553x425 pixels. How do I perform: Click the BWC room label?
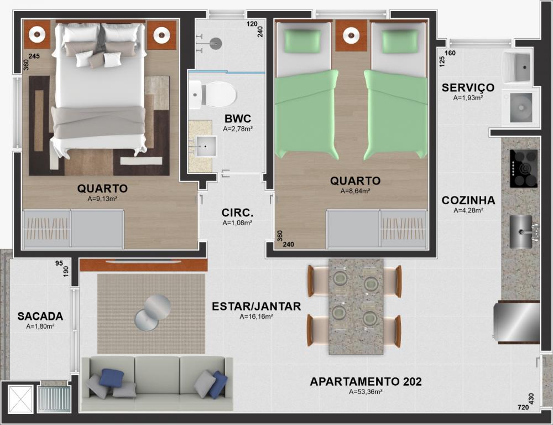pyautogui.click(x=237, y=118)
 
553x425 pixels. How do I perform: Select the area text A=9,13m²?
pyautogui.click(x=102, y=199)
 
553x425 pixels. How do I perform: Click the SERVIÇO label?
pyautogui.click(x=468, y=87)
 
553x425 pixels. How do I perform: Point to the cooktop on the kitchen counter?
pyautogui.click(x=524, y=168)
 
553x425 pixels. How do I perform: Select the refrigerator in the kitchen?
pyautogui.click(x=517, y=322)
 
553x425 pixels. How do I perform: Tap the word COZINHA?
pyautogui.click(x=468, y=200)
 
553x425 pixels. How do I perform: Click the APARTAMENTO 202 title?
pyautogui.click(x=366, y=382)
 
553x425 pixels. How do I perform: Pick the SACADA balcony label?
pyautogui.click(x=40, y=317)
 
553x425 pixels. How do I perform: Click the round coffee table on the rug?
pyautogui.click(x=153, y=313)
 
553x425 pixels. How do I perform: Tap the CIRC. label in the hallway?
pyautogui.click(x=237, y=213)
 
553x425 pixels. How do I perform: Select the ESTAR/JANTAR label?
pyautogui.click(x=257, y=307)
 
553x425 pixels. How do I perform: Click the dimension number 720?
pyautogui.click(x=523, y=407)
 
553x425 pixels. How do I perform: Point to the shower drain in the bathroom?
pyautogui.click(x=216, y=43)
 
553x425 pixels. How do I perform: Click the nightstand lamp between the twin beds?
pyautogui.click(x=351, y=35)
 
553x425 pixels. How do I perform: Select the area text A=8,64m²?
pyautogui.click(x=355, y=191)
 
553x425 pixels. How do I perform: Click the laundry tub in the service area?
pyautogui.click(x=518, y=66)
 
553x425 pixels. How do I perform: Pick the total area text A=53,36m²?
pyautogui.click(x=366, y=392)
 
